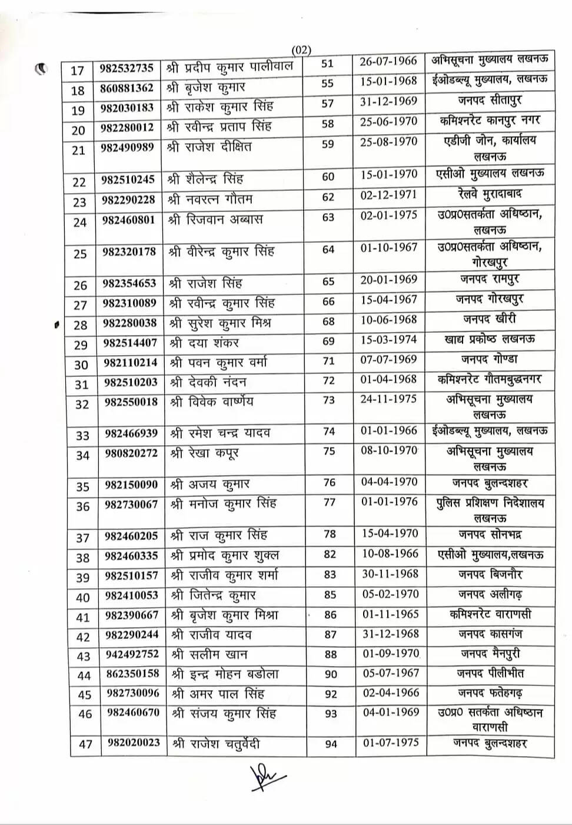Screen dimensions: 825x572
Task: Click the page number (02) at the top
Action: [x=301, y=51]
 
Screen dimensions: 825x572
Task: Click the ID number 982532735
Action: [x=127, y=68]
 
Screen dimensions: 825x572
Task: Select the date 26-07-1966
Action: [x=388, y=61]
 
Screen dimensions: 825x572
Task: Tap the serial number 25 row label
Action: [x=80, y=254]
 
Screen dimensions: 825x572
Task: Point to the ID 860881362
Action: [x=127, y=88]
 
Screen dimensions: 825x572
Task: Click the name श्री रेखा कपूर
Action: [x=204, y=453]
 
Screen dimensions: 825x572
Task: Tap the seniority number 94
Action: [x=331, y=744]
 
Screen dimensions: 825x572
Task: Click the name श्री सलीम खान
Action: [x=209, y=654]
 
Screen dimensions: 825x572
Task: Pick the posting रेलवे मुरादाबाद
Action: [x=490, y=194]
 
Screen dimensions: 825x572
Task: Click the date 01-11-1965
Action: [x=391, y=614]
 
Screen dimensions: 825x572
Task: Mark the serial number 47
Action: [x=86, y=744]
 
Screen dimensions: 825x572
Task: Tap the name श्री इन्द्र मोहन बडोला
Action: [x=225, y=674]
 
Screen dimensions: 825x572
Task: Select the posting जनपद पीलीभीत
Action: [x=490, y=673]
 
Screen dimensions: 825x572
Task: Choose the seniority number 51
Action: [x=327, y=64]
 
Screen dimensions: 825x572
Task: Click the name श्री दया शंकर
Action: [x=204, y=343]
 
